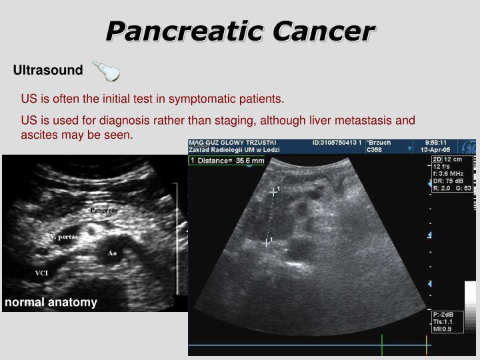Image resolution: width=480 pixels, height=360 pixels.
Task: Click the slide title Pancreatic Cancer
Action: [240, 31]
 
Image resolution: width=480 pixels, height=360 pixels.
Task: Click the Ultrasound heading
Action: [48, 70]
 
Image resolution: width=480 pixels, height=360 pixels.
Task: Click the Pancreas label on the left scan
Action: [104, 210]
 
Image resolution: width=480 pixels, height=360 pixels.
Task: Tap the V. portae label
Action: [64, 237]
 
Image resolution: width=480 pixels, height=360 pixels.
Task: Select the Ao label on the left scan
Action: [112, 253]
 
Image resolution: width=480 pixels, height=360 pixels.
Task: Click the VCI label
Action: [41, 273]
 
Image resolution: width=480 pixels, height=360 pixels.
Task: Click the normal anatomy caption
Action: [51, 302]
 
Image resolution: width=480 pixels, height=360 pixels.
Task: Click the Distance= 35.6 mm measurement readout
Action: [231, 161]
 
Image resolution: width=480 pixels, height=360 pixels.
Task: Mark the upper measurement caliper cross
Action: [272, 192]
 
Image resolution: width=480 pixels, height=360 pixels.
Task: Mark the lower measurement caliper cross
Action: [266, 243]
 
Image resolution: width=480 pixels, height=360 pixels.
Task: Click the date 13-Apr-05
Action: [441, 150]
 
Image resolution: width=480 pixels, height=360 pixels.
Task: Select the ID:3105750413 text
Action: [337, 143]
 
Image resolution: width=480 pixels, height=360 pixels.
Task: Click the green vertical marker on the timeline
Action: [382, 345]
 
